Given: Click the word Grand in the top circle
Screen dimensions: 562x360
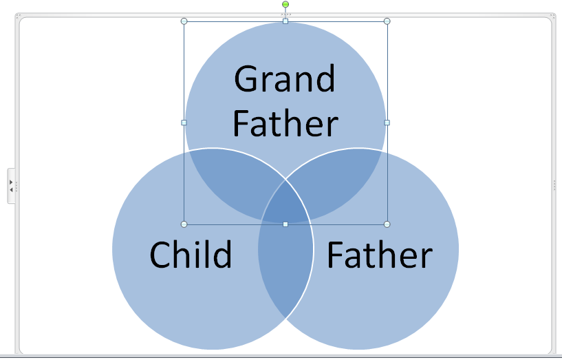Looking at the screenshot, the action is click(285, 79).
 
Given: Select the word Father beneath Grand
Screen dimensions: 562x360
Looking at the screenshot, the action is click(285, 124).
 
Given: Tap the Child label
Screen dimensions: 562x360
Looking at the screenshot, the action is click(191, 255).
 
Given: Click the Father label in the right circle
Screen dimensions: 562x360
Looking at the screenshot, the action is click(379, 255).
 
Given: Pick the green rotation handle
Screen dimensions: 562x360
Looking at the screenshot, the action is click(285, 5).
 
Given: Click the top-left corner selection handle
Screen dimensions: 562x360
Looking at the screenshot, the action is click(184, 21).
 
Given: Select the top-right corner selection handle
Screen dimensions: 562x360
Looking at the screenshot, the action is click(387, 21).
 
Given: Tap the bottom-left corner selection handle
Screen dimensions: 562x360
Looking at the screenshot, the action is click(184, 224).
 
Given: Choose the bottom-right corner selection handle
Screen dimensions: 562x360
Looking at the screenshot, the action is click(387, 224).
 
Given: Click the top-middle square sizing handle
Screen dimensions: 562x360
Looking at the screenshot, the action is click(285, 21).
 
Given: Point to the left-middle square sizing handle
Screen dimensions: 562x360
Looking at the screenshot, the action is click(184, 123).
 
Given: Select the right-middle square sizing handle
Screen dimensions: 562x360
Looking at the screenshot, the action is click(387, 123).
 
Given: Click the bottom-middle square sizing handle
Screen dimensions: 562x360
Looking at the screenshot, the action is click(285, 224).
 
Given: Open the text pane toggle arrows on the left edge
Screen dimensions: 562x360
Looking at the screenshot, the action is click(11, 185).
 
